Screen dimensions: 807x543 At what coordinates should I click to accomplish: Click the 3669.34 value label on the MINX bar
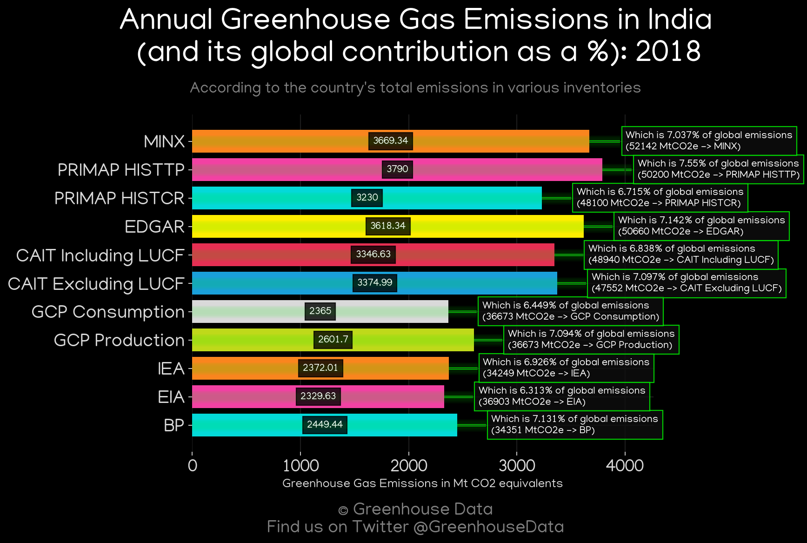pyautogui.click(x=390, y=141)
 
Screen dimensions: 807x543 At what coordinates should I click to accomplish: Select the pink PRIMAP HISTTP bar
pyautogui.click(x=397, y=169)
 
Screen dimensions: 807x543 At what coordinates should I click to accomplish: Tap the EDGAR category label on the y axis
pyautogui.click(x=154, y=227)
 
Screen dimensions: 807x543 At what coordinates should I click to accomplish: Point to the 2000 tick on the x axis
pyautogui.click(x=408, y=465)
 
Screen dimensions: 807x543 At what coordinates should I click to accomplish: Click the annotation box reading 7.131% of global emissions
pyautogui.click(x=575, y=424)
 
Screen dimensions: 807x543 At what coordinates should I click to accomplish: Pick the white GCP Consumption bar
pyautogui.click(x=320, y=311)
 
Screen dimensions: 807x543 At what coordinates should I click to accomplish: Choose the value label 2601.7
pyautogui.click(x=333, y=340)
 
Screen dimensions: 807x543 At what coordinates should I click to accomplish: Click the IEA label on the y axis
pyautogui.click(x=171, y=369)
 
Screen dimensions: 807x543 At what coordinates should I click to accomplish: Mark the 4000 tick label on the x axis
pyautogui.click(x=625, y=465)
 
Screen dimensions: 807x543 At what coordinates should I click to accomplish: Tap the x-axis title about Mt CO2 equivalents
pyautogui.click(x=422, y=483)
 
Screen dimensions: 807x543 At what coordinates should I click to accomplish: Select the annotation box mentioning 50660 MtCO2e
pyautogui.click(x=701, y=226)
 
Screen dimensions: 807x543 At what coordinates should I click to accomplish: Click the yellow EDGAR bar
pyautogui.click(x=388, y=226)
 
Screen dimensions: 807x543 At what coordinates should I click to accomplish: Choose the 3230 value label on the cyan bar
pyautogui.click(x=367, y=198)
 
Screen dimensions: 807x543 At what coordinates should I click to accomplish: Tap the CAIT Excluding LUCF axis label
pyautogui.click(x=96, y=283)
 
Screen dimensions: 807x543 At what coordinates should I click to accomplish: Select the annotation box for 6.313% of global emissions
pyautogui.click(x=562, y=396)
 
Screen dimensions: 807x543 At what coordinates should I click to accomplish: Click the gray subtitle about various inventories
pyautogui.click(x=415, y=88)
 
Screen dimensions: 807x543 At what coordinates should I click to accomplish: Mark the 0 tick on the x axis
pyautogui.click(x=192, y=465)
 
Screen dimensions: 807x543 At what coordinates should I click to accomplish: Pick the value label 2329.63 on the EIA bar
pyautogui.click(x=318, y=396)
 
